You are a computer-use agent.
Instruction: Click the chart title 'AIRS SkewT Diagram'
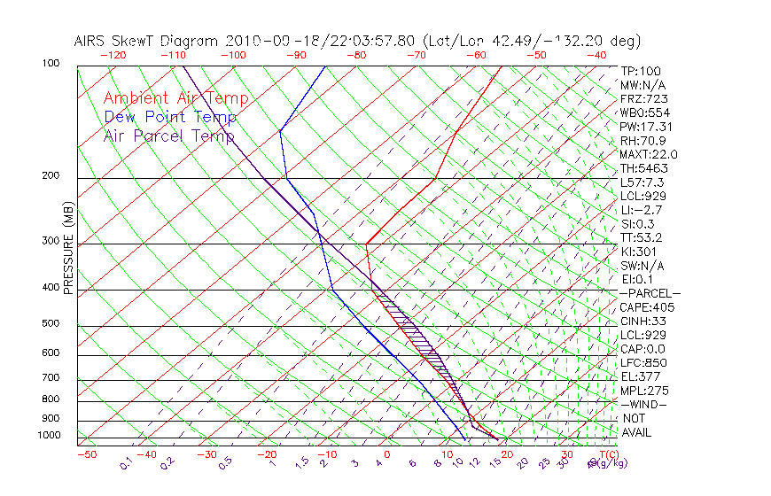click(x=147, y=41)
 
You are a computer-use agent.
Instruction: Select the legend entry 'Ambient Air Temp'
click(x=175, y=98)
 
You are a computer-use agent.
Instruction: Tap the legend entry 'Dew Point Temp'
click(x=170, y=117)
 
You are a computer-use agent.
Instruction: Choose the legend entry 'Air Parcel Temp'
click(x=169, y=136)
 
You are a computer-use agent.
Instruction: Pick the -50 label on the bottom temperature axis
click(x=86, y=454)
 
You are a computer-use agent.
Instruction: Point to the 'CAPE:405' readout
click(x=647, y=307)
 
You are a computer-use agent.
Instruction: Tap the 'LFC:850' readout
click(x=643, y=362)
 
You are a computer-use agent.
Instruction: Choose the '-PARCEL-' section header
click(x=650, y=293)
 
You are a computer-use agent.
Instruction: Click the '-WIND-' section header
click(x=643, y=404)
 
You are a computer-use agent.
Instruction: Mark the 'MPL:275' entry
click(x=644, y=391)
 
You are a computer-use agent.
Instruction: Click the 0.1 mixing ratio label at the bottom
click(x=127, y=463)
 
